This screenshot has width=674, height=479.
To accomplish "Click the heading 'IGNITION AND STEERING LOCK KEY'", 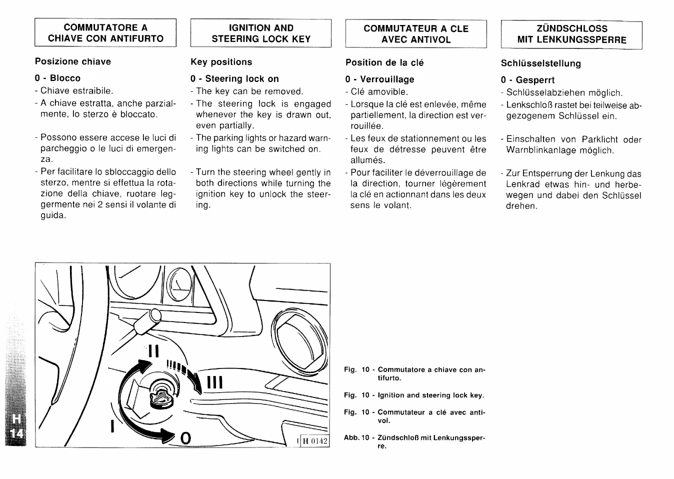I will [x=260, y=33].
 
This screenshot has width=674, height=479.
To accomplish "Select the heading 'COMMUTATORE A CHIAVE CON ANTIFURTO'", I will [x=105, y=33].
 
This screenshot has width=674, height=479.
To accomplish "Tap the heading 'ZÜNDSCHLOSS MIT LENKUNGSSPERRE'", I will [x=571, y=34].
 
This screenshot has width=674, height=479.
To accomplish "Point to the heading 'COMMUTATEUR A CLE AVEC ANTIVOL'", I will [x=416, y=34].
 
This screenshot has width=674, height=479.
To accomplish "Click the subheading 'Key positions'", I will [x=221, y=62].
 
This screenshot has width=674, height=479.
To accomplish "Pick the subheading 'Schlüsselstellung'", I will [x=540, y=63].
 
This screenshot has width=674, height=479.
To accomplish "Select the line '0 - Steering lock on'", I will [x=234, y=78].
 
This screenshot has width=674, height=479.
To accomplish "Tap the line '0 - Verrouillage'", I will [x=379, y=79].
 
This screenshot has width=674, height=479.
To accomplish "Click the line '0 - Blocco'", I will [x=57, y=78].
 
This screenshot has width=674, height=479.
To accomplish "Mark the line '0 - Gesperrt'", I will [x=527, y=80].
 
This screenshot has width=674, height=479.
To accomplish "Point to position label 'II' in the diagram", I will [x=153, y=351].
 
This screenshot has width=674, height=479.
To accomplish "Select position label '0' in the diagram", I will [x=185, y=438].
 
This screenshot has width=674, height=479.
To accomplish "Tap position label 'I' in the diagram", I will [x=113, y=426].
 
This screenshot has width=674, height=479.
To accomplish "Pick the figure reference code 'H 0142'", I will [x=314, y=441].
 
